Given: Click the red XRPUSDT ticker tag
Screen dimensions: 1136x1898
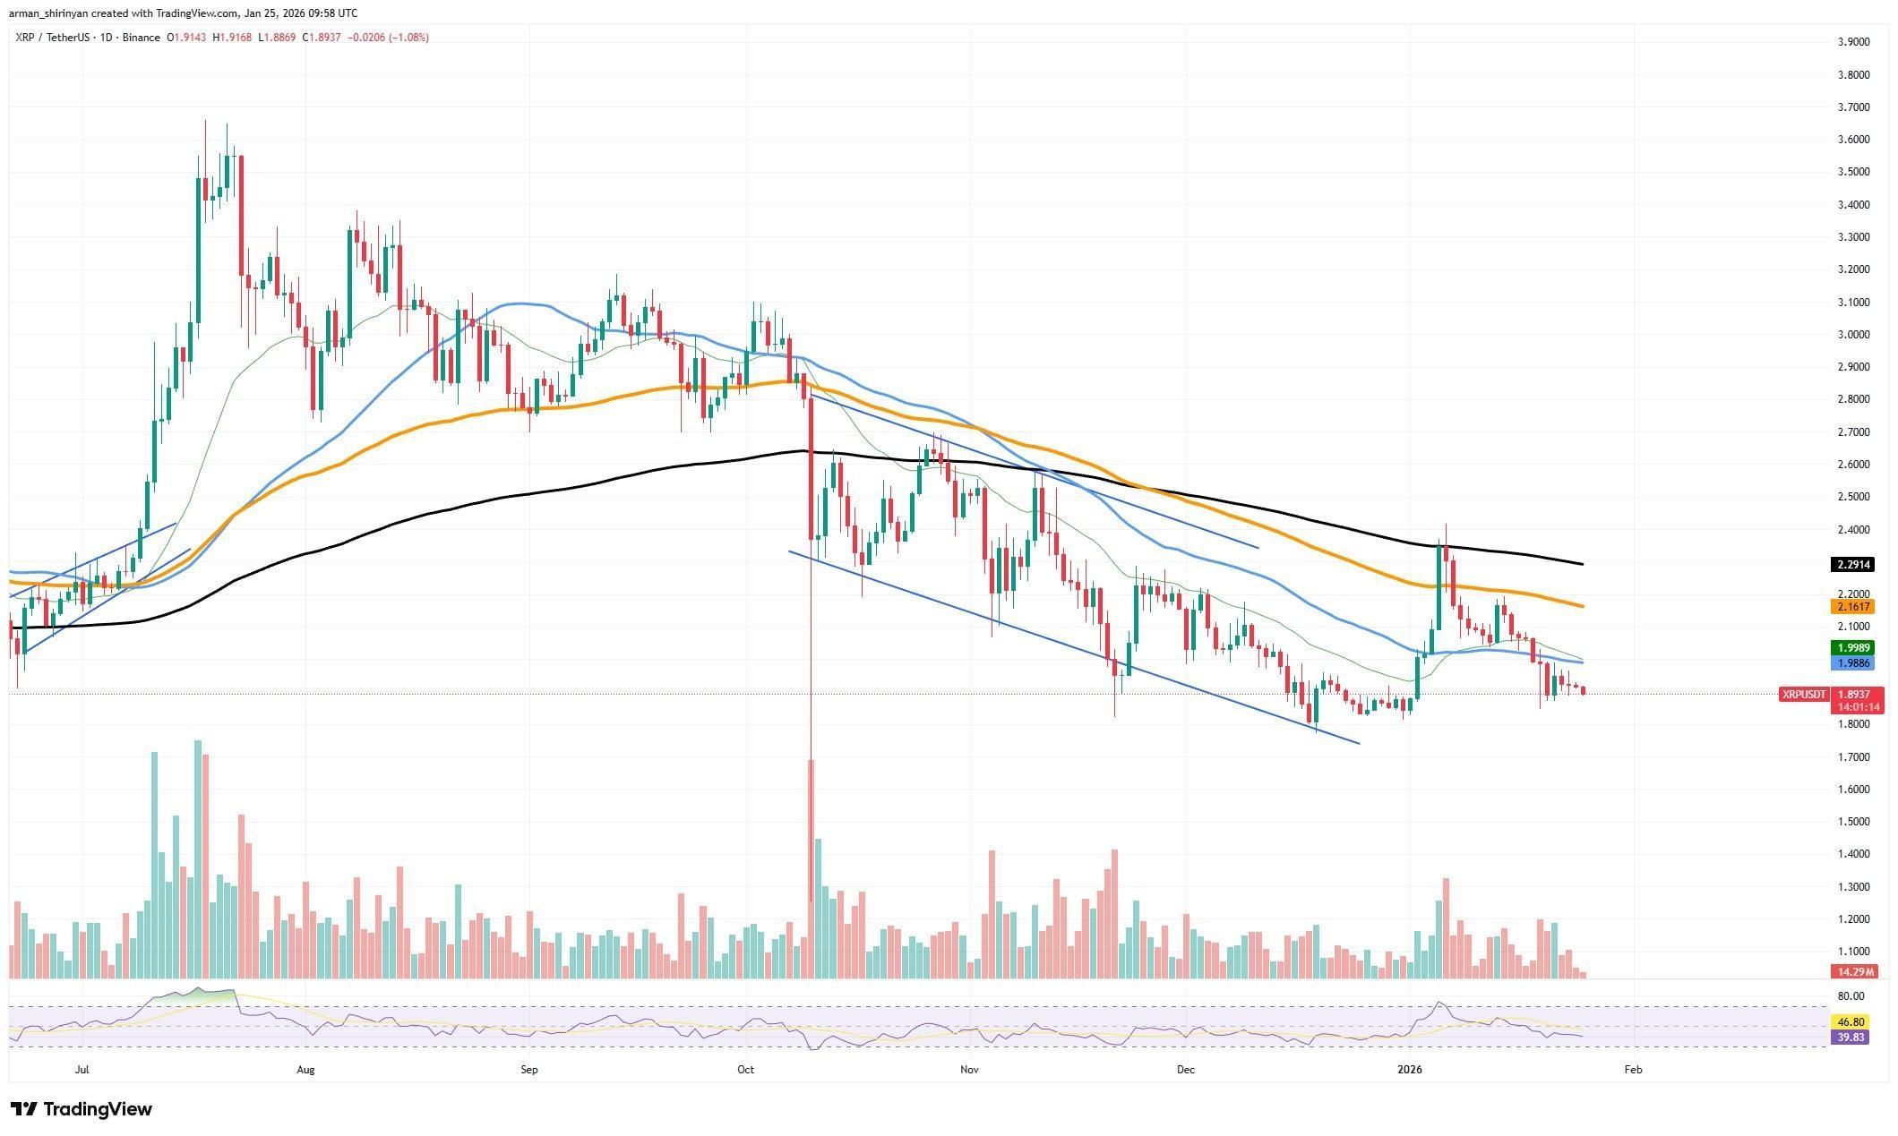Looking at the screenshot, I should click(1803, 695).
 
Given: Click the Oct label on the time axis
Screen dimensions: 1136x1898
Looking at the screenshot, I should click(745, 1069).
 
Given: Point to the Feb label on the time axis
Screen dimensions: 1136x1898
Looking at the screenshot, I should click(1632, 1069).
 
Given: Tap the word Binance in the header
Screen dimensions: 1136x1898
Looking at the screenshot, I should click(142, 38).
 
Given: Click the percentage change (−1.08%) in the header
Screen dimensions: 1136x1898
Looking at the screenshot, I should click(408, 38).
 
